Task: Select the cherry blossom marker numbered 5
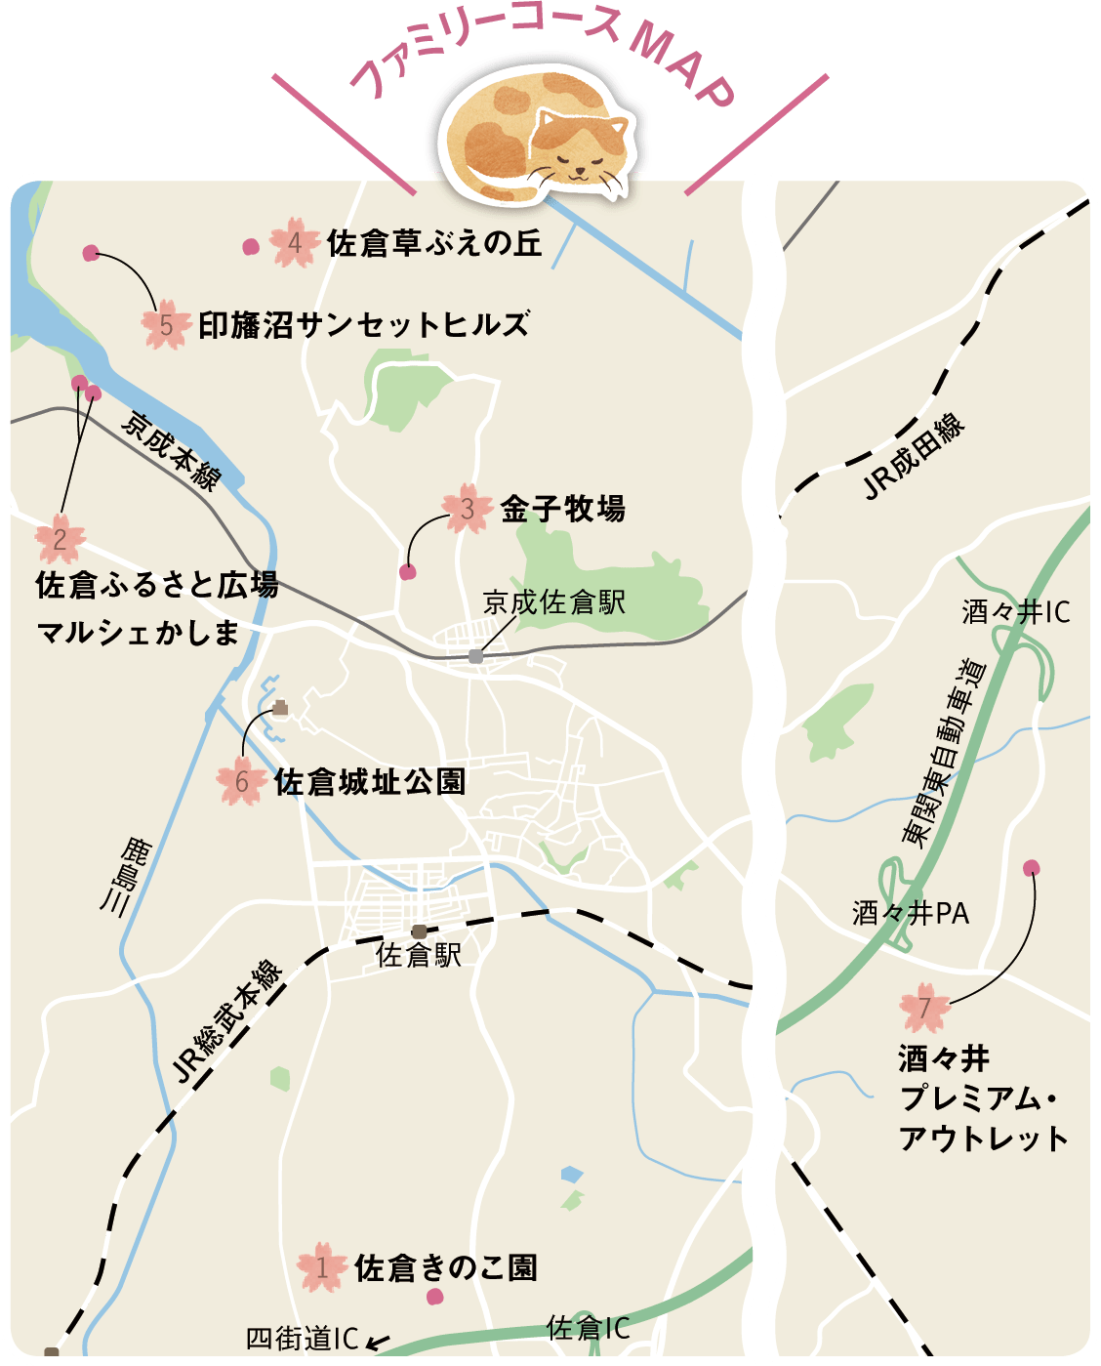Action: pos(166,325)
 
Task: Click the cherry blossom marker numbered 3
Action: pos(467,509)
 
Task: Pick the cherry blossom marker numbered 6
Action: pos(242,781)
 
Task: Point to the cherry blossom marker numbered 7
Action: pos(924,1007)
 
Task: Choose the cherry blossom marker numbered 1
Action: pos(322,1267)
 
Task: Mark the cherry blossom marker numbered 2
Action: pos(60,538)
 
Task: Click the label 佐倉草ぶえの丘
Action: pos(434,243)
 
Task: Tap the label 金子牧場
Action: pos(563,509)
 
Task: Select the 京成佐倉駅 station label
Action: pos(553,602)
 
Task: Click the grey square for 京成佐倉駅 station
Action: pos(475,656)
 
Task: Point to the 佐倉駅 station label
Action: pos(419,955)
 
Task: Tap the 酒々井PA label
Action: pos(910,914)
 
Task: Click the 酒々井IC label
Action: pos(1015,612)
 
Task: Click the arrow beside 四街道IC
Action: pos(377,1342)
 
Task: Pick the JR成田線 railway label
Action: pos(915,457)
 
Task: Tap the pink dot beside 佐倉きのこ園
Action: pos(435,1297)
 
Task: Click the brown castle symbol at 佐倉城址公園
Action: pos(280,708)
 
